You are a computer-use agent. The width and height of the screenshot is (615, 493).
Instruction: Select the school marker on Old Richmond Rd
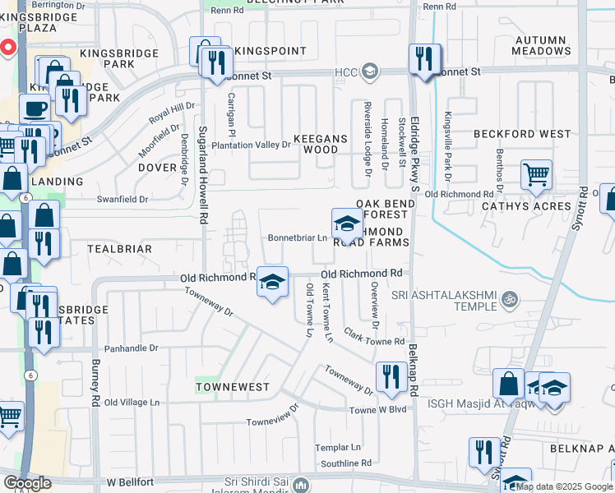pyautogui.click(x=272, y=282)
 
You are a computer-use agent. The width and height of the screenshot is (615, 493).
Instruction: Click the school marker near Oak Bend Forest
pyautogui.click(x=347, y=223)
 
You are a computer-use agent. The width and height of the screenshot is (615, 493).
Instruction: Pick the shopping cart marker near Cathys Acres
pyautogui.click(x=536, y=174)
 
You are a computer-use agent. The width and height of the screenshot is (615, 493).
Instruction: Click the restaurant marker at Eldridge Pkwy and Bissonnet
pyautogui.click(x=424, y=58)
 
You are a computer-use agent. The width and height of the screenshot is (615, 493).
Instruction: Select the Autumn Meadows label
pyautogui.click(x=541, y=45)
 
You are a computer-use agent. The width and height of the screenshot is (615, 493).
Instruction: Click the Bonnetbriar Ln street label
pyautogui.click(x=298, y=238)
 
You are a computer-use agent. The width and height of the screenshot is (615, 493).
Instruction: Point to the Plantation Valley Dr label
pyautogui.click(x=252, y=145)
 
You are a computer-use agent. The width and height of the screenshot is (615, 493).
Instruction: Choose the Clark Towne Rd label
pyautogui.click(x=374, y=337)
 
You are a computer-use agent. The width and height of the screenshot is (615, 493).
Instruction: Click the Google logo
pyautogui.click(x=27, y=483)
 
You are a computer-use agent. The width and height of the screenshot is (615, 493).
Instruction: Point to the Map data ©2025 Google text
pyautogui.click(x=564, y=486)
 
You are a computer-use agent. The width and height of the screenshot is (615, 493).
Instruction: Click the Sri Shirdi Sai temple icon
pyautogui.click(x=301, y=486)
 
